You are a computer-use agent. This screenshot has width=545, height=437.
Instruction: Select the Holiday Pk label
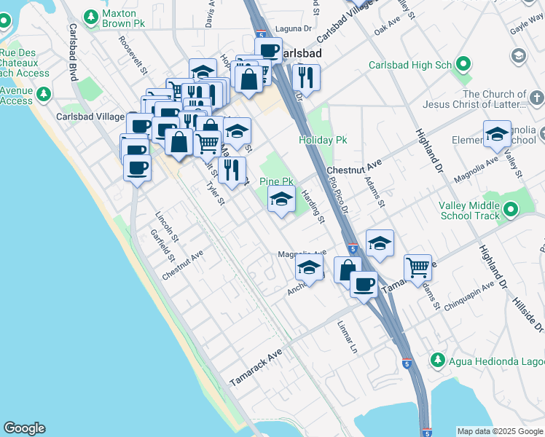point(321,140)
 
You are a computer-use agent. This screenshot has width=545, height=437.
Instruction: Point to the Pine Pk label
point(276,181)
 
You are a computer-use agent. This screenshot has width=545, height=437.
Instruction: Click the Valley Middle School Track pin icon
point(511,210)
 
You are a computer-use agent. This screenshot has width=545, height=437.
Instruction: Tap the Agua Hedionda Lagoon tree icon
point(437,360)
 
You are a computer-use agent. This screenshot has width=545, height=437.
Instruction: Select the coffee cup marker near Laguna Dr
point(267,50)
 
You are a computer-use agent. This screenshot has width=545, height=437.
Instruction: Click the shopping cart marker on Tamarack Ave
point(417,267)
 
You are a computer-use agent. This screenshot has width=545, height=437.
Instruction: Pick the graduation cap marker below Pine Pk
point(281,198)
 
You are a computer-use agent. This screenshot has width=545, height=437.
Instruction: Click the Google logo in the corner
point(24,428)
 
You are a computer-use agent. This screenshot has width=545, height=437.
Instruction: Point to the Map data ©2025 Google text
point(499,431)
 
